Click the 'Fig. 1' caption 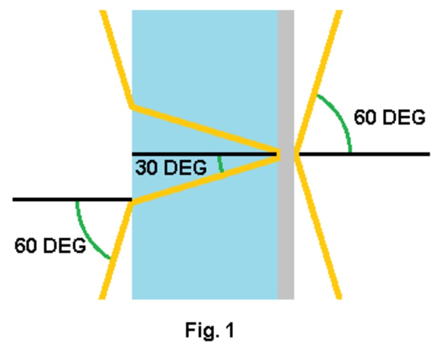coord(209,331)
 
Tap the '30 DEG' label coord(170,167)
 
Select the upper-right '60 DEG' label coord(389,118)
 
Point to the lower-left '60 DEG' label coord(50,246)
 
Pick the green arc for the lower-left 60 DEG coord(88,234)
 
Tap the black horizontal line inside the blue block coord(193,154)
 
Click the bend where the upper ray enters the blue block coord(133,106)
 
